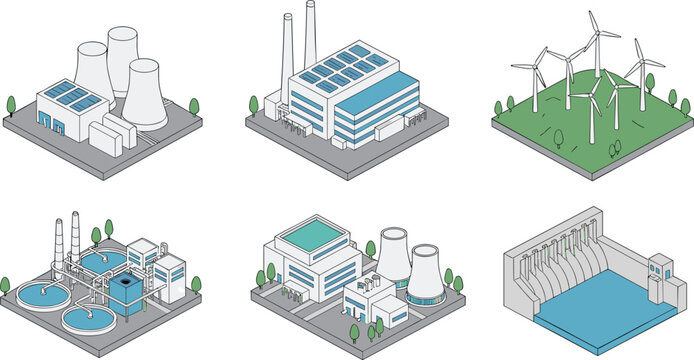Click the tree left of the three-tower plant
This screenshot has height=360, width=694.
coord(11,105)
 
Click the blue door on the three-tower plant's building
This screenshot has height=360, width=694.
coord(44,118)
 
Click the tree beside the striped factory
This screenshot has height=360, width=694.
coord(254,105)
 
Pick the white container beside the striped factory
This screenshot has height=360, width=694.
coord(398,128)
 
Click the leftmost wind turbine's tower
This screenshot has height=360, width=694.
coord(534,90)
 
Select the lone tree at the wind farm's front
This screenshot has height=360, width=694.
coord(614,148)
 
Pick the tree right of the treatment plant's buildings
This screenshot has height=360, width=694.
coord(196,285)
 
